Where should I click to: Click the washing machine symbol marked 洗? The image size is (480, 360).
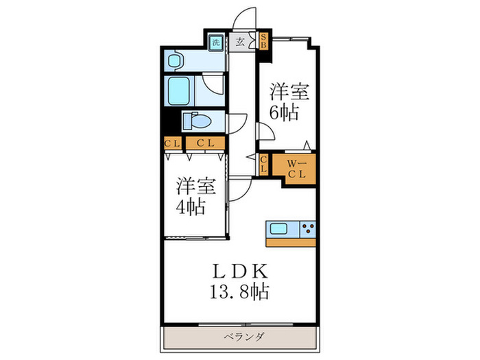217,43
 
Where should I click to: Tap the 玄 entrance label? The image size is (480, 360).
240,43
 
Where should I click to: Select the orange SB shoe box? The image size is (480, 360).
263,41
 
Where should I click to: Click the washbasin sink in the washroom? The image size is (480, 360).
175,60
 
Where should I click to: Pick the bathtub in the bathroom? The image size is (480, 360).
179,91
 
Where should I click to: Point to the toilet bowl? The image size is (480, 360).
197,121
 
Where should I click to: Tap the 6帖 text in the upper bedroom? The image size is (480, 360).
284,113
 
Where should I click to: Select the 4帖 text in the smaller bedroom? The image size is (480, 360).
190,206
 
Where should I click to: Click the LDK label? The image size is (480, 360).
240,271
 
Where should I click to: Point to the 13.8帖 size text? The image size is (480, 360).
239,291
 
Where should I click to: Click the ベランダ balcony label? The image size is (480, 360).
243,337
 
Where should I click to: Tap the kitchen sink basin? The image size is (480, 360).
278,228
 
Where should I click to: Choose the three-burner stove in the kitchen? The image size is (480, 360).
308,229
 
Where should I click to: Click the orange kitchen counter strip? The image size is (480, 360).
291,243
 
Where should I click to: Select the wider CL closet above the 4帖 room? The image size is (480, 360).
206,143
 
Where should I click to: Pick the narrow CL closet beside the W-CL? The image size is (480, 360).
263,165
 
